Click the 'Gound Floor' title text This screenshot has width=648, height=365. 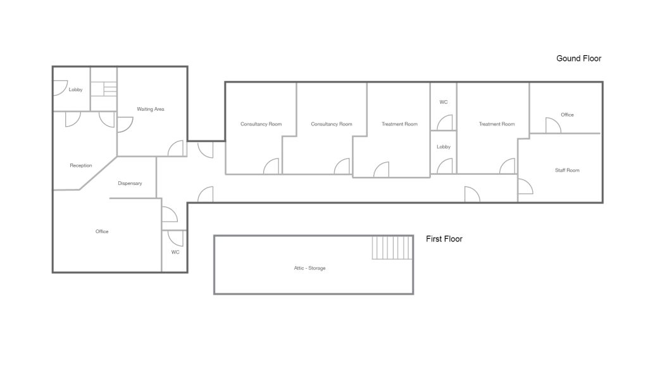click(578, 58)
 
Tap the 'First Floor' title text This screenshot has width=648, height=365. click(444, 239)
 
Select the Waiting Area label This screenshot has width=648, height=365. click(151, 109)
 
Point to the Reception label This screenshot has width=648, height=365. click(81, 165)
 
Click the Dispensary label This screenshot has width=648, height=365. click(130, 183)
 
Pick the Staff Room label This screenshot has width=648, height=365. click(567, 170)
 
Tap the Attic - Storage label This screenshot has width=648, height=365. click(309, 268)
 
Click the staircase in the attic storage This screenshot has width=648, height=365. click(392, 248)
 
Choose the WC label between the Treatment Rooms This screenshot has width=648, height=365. click(444, 102)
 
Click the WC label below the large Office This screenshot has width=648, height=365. click(175, 252)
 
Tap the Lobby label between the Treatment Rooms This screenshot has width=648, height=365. click(444, 147)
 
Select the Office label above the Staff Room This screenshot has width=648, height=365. click(567, 115)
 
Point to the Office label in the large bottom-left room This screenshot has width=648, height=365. click(102, 231)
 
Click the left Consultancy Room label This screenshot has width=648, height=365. click(261, 124)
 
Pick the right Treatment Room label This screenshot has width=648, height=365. click(497, 124)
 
